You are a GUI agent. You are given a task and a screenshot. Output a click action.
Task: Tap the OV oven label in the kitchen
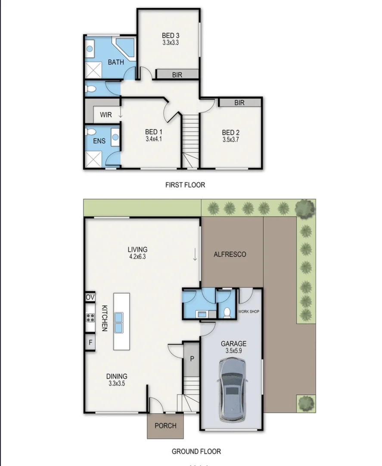tap(90, 297)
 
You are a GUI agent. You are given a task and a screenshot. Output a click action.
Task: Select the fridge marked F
tap(90, 342)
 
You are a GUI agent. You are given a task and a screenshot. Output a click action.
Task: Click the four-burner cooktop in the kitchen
tap(90, 318)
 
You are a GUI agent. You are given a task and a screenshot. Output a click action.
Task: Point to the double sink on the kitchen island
tap(118, 322)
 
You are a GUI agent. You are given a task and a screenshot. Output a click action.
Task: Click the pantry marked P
tap(192, 359)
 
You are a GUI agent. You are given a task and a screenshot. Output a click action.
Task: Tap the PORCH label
tap(165, 426)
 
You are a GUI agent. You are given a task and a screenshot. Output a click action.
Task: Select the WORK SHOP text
tap(248, 312)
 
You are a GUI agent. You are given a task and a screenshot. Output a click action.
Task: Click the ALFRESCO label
tap(230, 255)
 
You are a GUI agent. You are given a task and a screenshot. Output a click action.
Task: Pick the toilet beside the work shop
tap(227, 313)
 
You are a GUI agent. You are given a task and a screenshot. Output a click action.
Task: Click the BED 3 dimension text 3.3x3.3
tap(171, 42)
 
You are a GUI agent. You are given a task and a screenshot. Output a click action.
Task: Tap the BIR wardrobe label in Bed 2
tap(239, 103)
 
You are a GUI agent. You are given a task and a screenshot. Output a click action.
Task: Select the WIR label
tap(106, 115)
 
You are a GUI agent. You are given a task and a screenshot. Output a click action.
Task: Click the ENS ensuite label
tap(99, 141)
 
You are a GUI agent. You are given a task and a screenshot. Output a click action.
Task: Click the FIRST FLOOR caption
tap(185, 185)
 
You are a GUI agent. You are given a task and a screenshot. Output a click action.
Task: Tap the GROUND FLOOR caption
tap(196, 451)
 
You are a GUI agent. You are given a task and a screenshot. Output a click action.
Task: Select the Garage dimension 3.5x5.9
tap(234, 351)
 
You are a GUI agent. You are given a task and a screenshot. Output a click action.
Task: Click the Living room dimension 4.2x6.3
tap(138, 256)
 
